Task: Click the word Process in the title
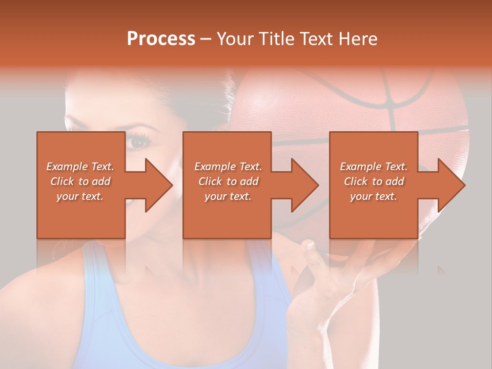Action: [161, 39]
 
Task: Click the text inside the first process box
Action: [80, 181]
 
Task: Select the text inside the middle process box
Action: [228, 181]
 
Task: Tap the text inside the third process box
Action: [374, 181]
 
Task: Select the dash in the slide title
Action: [206, 39]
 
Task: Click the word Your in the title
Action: [234, 39]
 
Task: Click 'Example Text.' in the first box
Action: [80, 167]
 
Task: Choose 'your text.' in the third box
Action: [374, 196]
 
